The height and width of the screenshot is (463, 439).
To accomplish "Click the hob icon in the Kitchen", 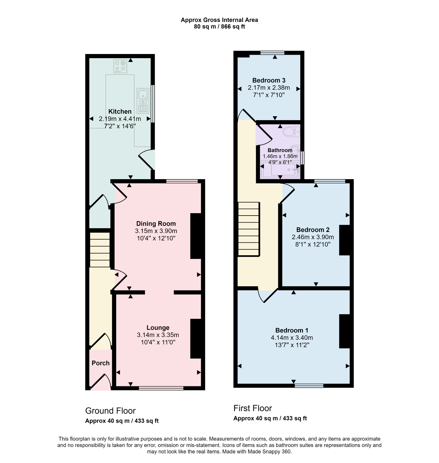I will tap(120, 66).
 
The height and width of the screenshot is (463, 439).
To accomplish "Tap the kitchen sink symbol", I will tap(143, 100).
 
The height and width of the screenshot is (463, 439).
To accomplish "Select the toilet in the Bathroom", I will tap(291, 132).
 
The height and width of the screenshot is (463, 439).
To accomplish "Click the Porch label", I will tap(100, 363).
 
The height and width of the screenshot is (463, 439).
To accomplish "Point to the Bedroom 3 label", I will tap(269, 80).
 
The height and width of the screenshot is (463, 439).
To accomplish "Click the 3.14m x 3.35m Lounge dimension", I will tap(158, 335).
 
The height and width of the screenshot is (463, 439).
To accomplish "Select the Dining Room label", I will tap(156, 224).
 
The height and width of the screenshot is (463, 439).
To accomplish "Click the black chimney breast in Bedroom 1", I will tap(345, 331).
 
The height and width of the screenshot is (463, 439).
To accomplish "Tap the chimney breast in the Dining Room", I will tap(196, 236).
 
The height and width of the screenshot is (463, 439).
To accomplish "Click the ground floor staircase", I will tap(100, 250).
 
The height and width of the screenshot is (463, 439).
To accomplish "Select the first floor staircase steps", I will tap(249, 229).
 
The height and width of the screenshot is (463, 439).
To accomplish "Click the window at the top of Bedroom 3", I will tap(272, 53).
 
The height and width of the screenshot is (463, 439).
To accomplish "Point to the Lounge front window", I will tap(161, 388).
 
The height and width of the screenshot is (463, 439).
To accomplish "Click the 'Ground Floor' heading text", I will tap(110, 411).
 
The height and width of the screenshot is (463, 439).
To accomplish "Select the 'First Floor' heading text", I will tap(252, 408).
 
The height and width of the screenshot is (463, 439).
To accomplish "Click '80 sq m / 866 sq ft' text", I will tap(219, 27).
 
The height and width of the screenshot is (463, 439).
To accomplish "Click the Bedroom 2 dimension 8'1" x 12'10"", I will tap(313, 244).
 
